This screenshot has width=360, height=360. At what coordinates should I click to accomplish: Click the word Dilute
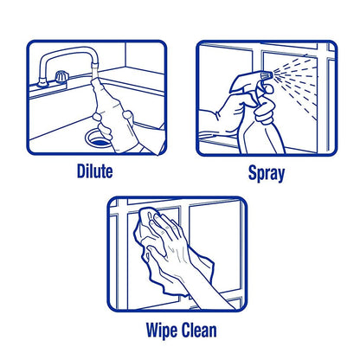point(94,171)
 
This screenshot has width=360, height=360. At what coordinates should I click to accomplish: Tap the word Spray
point(267,173)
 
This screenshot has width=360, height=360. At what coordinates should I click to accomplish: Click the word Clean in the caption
point(199,330)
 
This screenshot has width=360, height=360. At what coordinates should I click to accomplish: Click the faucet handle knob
point(61,76)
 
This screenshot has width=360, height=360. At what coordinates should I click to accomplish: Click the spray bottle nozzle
point(267,76)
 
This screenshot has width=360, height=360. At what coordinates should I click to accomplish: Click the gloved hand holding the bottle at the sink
point(127,132)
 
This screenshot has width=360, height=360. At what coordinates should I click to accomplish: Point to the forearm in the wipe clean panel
point(208,286)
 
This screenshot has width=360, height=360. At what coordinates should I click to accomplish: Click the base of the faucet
point(42,83)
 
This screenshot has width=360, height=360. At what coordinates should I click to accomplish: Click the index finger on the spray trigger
point(267,89)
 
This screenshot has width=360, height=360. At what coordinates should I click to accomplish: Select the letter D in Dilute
point(80,171)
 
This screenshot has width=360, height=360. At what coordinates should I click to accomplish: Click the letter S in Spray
point(253,172)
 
